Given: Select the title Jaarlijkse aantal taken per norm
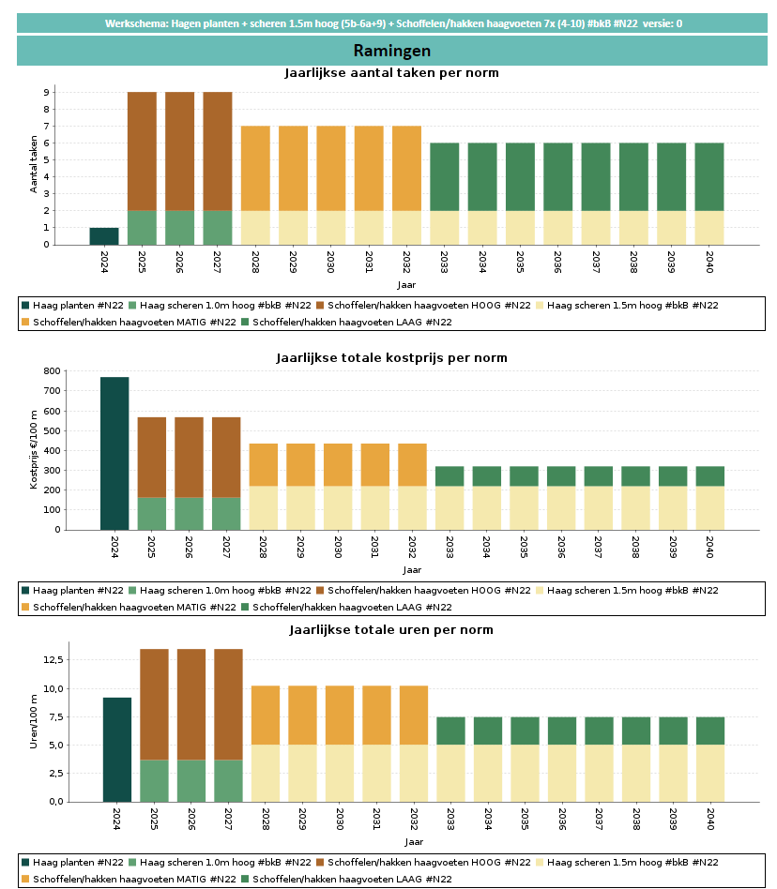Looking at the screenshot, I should coord(391,73).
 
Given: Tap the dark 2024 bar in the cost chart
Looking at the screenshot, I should coord(114,453).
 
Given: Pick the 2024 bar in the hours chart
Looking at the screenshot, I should coord(117,749).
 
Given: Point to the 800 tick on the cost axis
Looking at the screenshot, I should coord(53,371).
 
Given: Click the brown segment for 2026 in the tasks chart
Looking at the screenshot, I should coord(179,151).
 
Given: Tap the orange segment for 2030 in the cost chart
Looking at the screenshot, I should coord(338,464).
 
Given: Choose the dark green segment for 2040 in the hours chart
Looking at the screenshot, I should coord(709,731).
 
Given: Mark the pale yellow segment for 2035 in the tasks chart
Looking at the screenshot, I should coord(520,228).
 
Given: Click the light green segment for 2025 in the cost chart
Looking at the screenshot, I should coord(152,513).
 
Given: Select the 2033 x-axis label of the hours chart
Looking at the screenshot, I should coord(451,821).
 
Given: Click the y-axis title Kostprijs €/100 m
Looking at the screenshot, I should coord(34,450).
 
